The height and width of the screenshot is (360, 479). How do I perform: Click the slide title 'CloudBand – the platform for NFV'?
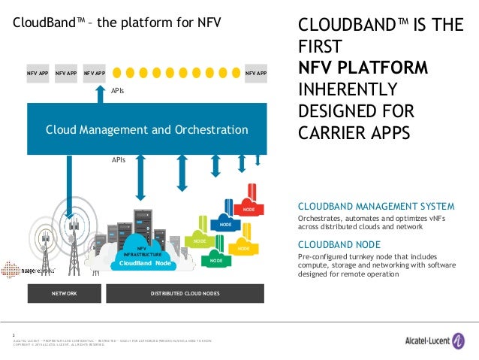[x=116, y=23]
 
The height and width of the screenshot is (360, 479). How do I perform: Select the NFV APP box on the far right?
[x=255, y=74]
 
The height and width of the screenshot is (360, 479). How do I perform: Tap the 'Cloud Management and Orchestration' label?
[x=147, y=129]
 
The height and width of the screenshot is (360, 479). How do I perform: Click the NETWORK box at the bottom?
[x=64, y=293]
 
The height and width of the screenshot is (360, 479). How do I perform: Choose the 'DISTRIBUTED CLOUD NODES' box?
[x=185, y=293]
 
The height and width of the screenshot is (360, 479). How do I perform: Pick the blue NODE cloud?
[x=224, y=224]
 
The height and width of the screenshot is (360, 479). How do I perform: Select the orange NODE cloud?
[x=242, y=247]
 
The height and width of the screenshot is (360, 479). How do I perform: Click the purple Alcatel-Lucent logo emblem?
[x=459, y=340]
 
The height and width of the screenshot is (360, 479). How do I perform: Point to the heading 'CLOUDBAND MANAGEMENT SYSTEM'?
[x=376, y=206]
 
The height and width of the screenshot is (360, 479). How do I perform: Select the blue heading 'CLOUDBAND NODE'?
[x=339, y=244]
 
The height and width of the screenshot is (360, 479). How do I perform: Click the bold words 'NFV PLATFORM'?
[x=363, y=68]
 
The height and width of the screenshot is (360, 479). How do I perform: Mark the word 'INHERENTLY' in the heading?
[x=348, y=89]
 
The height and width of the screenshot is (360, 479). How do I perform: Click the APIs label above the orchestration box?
[x=118, y=89]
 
